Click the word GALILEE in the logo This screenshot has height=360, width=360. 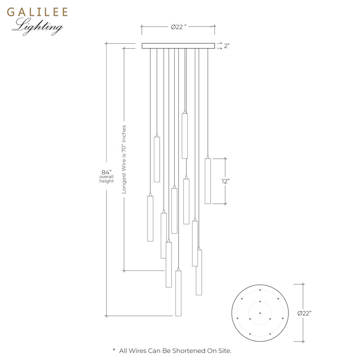(x=37, y=12)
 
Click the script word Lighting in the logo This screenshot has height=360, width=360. (x=38, y=27)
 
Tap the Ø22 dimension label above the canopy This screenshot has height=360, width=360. (x=178, y=27)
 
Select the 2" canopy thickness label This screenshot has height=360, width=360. (x=227, y=46)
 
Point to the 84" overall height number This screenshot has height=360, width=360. (x=107, y=172)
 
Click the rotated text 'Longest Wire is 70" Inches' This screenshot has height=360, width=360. (x=124, y=159)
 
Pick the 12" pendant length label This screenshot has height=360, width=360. (x=225, y=181)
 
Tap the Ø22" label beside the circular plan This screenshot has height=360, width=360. (x=305, y=313)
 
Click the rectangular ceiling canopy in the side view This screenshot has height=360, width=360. (x=178, y=46)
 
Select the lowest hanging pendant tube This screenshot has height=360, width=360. (x=178, y=293)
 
